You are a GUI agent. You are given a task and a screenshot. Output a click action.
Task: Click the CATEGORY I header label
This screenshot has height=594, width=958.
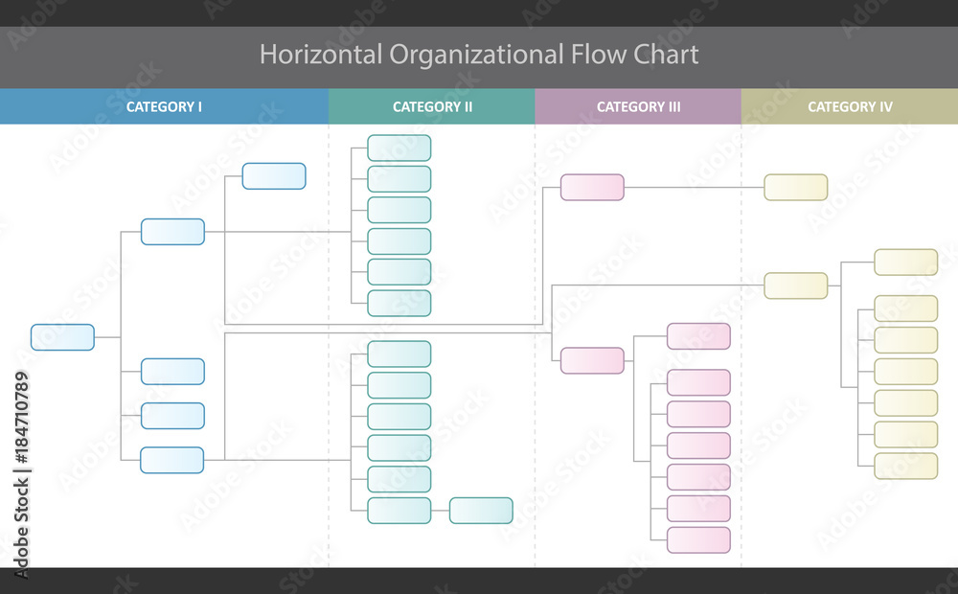point(164,106)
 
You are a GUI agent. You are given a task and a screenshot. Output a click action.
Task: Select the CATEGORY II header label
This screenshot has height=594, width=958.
point(432,106)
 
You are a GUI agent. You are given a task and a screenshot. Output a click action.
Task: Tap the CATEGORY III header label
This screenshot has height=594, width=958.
point(638,106)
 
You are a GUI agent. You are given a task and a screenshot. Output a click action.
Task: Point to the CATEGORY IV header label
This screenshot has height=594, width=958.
point(850,106)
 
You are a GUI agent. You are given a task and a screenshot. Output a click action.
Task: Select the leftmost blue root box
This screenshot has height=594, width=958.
point(62,337)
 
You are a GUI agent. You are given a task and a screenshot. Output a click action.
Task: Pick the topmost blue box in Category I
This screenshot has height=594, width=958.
point(274,176)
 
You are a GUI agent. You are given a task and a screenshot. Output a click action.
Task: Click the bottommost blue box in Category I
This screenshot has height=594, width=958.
point(172,460)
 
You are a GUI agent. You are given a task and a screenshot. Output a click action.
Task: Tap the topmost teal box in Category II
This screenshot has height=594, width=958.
point(399,148)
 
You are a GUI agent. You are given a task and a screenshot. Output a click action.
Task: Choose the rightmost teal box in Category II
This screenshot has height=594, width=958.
point(481,511)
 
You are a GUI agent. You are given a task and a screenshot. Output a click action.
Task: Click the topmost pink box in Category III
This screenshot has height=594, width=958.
point(592,187)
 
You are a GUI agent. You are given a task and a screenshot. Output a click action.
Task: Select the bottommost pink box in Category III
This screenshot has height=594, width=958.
point(698,539)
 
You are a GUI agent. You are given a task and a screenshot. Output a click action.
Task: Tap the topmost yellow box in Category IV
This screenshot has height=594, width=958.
point(795,187)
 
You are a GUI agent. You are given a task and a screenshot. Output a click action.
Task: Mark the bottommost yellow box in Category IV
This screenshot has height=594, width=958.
point(906,467)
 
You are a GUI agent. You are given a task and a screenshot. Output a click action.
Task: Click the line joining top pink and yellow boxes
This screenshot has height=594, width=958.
point(694,187)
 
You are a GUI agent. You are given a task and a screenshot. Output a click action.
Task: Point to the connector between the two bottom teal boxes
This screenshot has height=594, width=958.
point(440,511)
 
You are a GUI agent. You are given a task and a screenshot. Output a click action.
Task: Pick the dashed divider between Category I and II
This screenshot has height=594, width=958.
point(329,402)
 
